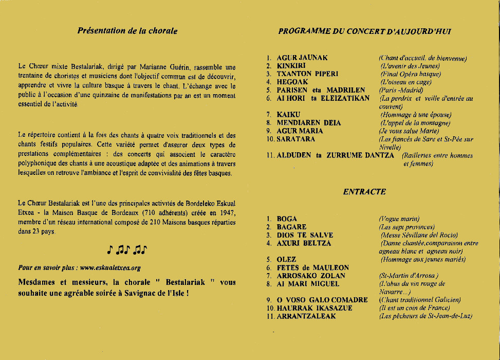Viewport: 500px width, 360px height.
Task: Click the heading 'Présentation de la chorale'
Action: click(x=127, y=31)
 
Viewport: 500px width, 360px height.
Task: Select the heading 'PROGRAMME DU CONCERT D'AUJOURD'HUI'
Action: click(x=365, y=31)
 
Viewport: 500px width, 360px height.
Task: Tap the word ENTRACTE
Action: click(x=364, y=192)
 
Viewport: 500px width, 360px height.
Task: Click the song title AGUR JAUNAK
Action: click(x=302, y=58)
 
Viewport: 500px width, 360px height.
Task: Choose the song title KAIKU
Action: click(x=288, y=115)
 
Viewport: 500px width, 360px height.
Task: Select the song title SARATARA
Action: click(x=296, y=139)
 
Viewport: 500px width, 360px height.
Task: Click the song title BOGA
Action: click(x=287, y=219)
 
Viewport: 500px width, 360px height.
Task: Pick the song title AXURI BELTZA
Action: click(x=304, y=243)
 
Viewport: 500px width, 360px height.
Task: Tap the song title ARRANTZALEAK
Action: click(x=306, y=316)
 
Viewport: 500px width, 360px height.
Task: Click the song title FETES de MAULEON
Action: click(x=312, y=268)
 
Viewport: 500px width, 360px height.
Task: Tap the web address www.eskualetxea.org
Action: click(x=110, y=268)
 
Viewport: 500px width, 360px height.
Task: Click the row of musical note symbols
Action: click(x=127, y=250)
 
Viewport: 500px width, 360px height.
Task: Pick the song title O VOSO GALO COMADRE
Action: click(x=322, y=300)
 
